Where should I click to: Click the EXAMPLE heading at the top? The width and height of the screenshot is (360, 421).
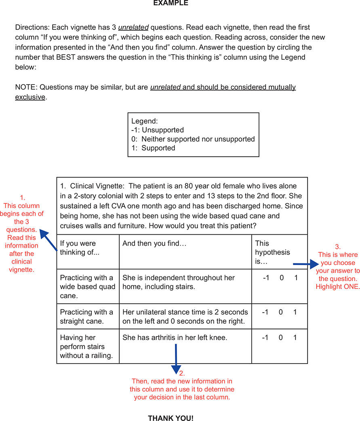[171, 3]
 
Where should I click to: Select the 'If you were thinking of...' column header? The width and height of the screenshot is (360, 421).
[78, 247]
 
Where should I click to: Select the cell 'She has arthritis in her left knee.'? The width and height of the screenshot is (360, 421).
[175, 337]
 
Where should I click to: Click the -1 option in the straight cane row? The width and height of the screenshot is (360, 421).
[265, 312]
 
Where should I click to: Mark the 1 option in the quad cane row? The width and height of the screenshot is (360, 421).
[295, 278]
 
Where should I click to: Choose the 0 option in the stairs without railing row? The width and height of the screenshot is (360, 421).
[280, 337]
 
